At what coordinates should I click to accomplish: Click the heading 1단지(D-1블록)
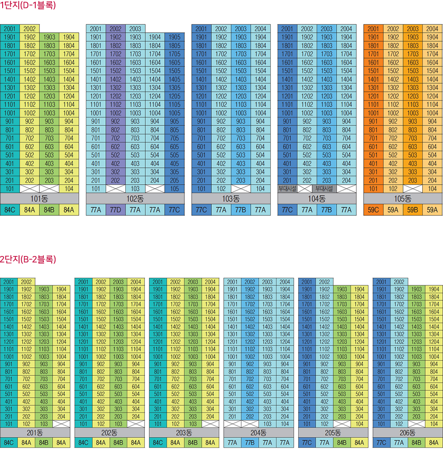click(x=28, y=6)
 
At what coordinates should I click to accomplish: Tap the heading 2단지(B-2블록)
click(x=28, y=260)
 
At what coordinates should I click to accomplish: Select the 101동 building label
click(x=40, y=198)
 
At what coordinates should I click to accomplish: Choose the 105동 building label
click(x=402, y=198)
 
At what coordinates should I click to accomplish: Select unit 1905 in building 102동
click(x=175, y=37)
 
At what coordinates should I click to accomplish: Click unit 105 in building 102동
click(x=175, y=189)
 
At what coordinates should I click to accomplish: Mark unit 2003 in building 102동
click(x=135, y=29)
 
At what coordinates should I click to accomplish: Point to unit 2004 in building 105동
click(x=432, y=29)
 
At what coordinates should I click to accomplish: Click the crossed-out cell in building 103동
click(x=241, y=189)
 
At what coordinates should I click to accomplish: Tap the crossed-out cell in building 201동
click(x=61, y=423)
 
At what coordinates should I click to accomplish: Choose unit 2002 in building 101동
click(x=30, y=29)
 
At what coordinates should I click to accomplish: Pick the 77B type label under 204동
click(x=249, y=442)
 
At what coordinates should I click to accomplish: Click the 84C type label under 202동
click(x=83, y=442)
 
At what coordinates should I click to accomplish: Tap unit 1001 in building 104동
click(x=287, y=113)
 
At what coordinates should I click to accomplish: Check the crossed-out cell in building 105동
click(x=412, y=189)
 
